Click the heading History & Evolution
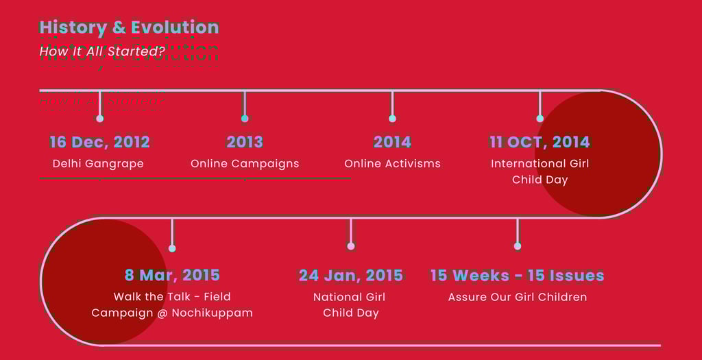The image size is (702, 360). (x=129, y=27)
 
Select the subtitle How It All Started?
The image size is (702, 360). (x=102, y=51)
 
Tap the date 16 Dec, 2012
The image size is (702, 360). (x=99, y=142)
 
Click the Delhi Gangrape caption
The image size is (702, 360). (x=98, y=163)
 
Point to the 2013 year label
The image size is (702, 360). (x=245, y=142)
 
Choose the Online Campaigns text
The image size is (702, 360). (x=245, y=163)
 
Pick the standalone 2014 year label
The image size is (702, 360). (x=392, y=142)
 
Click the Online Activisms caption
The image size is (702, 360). (x=392, y=163)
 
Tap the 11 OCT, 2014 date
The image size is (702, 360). (x=540, y=142)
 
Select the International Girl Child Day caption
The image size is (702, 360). (x=540, y=171)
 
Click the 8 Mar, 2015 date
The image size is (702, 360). (x=172, y=275)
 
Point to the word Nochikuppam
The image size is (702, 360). (x=213, y=313)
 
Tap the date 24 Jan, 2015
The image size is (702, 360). (x=350, y=275)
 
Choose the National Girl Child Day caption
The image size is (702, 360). (x=350, y=304)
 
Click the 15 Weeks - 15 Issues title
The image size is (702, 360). (x=517, y=275)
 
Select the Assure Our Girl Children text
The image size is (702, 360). (x=518, y=297)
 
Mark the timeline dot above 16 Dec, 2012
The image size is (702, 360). (x=100, y=119)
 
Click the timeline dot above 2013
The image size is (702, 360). (x=245, y=119)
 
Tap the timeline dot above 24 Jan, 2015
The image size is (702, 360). (x=351, y=246)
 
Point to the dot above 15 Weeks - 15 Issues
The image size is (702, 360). (x=518, y=246)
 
